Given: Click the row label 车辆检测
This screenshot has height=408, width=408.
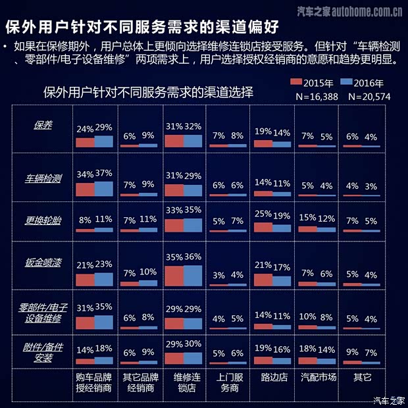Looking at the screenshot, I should coord(43,178).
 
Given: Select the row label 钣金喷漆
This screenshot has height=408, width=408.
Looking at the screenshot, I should coord(43,263).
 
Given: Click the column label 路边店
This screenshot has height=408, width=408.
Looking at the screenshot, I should coord(271,378).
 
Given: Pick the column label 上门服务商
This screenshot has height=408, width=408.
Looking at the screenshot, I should coord(227,384).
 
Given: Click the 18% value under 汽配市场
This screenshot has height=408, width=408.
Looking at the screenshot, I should coord(307,349).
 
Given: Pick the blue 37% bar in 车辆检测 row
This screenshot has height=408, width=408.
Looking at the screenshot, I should coord(104,189).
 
